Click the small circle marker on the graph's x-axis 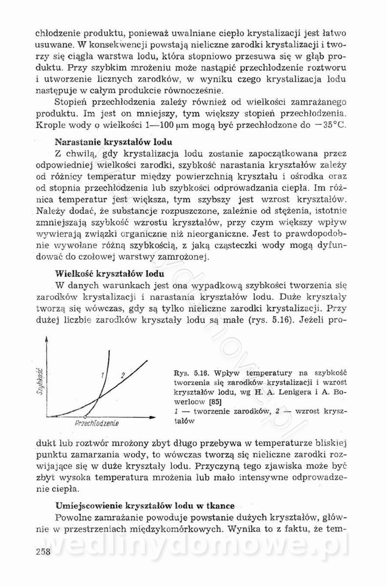coord(85,417)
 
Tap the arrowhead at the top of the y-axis coord(46,339)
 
